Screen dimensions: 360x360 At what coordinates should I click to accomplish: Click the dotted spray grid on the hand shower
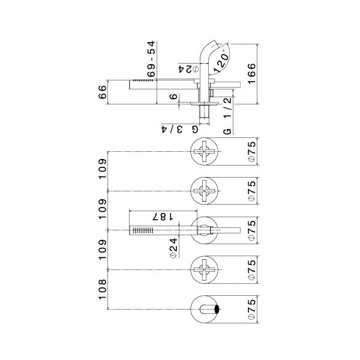(142, 230)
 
